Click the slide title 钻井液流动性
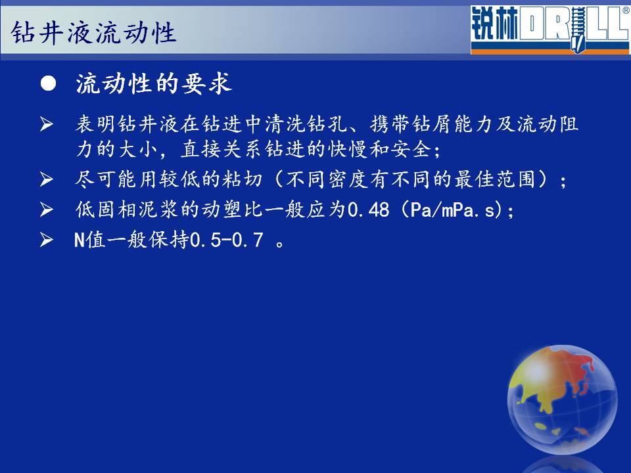pos(93,32)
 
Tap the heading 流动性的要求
pos(154,83)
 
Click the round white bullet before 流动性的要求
pos(48,83)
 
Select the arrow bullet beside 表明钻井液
pos(47,124)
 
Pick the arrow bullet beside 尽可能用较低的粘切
pos(47,179)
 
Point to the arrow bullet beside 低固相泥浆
pos(47,210)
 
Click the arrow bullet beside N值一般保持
pos(47,240)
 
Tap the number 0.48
pos(369,210)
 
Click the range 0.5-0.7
pos(226,240)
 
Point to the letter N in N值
pos(80,240)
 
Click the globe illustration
pos(562,399)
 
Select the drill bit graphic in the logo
pos(578,30)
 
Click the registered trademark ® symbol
pos(626,11)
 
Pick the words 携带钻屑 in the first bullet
pos(411,124)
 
